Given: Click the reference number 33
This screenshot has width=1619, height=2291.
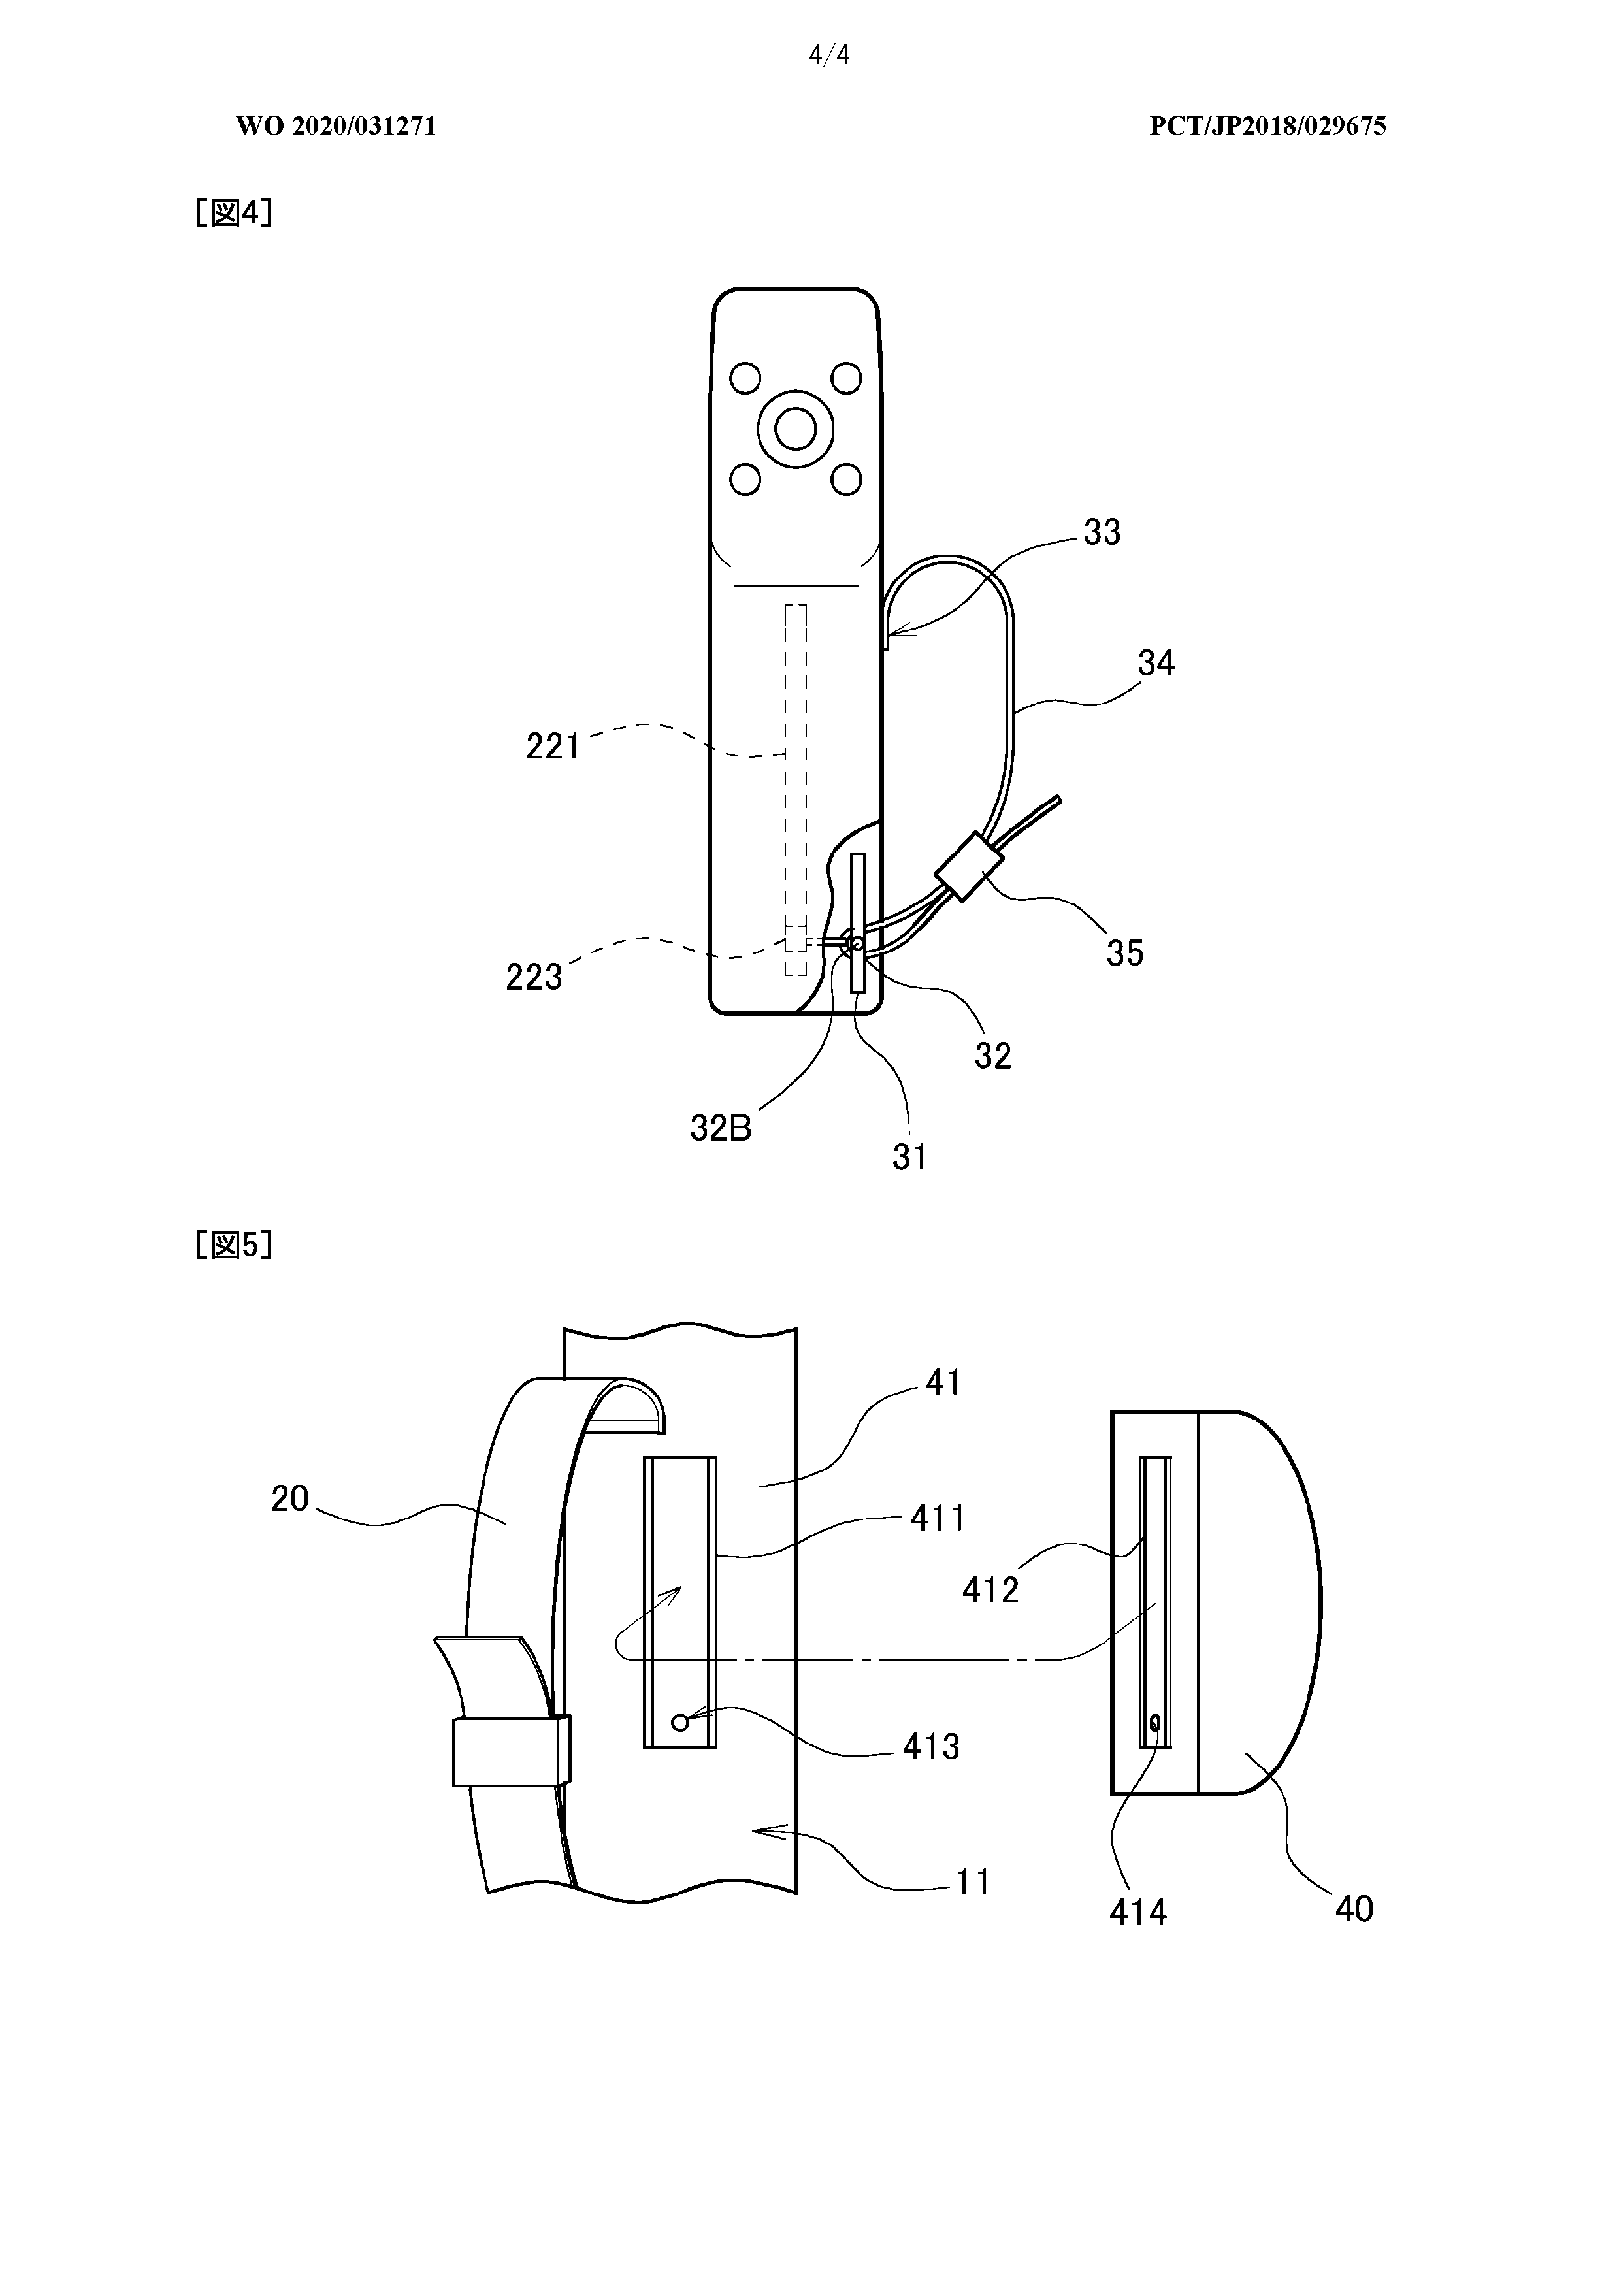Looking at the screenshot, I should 1102,533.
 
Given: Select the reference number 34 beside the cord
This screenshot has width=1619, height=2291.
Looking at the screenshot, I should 1156,662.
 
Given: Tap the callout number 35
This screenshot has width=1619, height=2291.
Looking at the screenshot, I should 1124,953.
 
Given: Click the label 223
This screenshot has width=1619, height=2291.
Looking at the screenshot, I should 534,977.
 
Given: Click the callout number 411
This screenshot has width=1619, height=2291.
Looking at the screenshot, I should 938,1519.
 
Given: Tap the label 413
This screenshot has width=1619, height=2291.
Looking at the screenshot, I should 930,1746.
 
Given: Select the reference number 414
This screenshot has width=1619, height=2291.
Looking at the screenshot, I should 1138,1912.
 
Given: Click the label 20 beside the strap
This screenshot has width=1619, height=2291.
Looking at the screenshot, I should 291,1499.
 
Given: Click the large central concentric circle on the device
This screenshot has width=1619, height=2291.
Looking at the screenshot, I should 796,430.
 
